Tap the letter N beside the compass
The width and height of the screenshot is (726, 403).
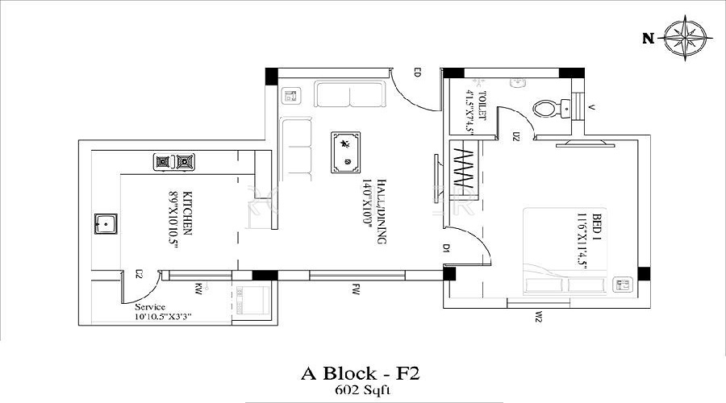(x=647, y=38)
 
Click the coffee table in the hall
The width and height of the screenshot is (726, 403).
(x=346, y=152)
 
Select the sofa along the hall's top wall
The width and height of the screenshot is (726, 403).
(x=349, y=96)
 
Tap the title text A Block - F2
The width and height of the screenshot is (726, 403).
(x=361, y=373)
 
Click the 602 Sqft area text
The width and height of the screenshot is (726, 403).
(x=361, y=390)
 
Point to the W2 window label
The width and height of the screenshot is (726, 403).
(x=536, y=317)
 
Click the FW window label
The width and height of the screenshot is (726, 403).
(x=355, y=286)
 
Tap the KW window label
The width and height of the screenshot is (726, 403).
(x=198, y=286)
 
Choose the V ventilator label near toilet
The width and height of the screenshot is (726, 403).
(x=591, y=106)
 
